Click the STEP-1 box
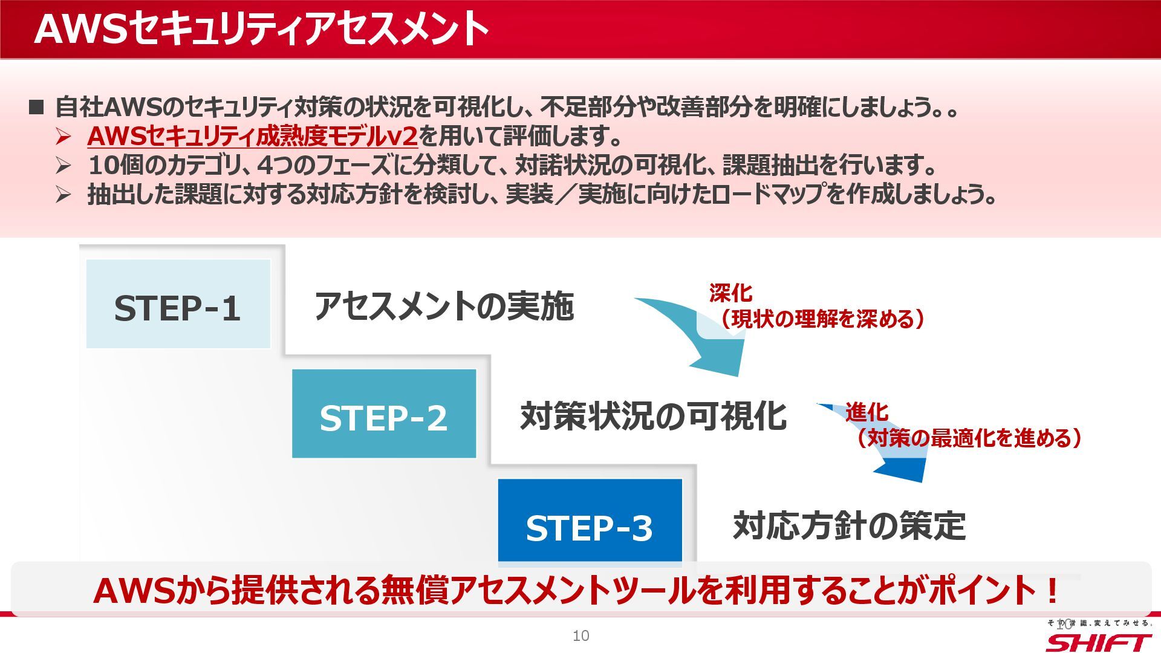pyautogui.click(x=178, y=304)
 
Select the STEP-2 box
pyautogui.click(x=384, y=414)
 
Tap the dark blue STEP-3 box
pyautogui.click(x=590, y=522)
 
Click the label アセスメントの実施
pyautogui.click(x=444, y=306)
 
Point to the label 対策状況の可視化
pyautogui.click(x=653, y=416)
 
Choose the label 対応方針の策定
pyautogui.click(x=849, y=525)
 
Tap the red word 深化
pyautogui.click(x=730, y=293)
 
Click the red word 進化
pyautogui.click(x=867, y=412)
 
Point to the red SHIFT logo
pyautogui.click(x=1098, y=642)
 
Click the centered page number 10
pyautogui.click(x=580, y=635)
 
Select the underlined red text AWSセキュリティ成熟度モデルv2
pyautogui.click(x=252, y=137)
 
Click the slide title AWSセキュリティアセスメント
pyautogui.click(x=261, y=29)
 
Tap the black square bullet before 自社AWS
pyautogui.click(x=37, y=108)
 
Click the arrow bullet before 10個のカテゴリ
pyautogui.click(x=63, y=165)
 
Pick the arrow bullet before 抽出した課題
pyautogui.click(x=63, y=195)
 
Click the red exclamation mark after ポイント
pyautogui.click(x=1052, y=591)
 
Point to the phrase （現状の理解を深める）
pyautogui.click(x=822, y=319)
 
